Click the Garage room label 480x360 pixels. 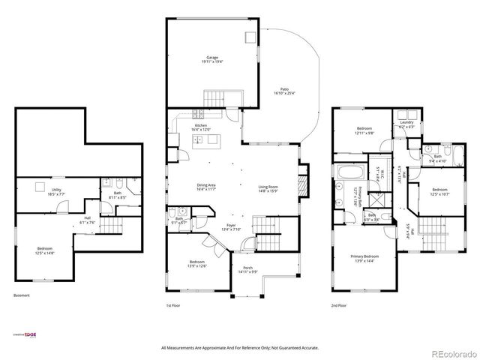[x=211, y=59]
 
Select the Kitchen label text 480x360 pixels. [x=200, y=127]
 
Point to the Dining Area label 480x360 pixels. [x=206, y=187]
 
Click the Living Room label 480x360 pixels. [x=268, y=188]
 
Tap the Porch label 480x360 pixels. [x=247, y=270]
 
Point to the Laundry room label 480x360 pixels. [x=407, y=124]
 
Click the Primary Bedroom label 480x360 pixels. [x=364, y=258]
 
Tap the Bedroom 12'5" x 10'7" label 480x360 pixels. [x=439, y=192]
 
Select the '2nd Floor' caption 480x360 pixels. [x=339, y=306]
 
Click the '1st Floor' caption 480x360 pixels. [x=173, y=306]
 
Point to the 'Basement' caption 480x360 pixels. [x=22, y=295]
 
